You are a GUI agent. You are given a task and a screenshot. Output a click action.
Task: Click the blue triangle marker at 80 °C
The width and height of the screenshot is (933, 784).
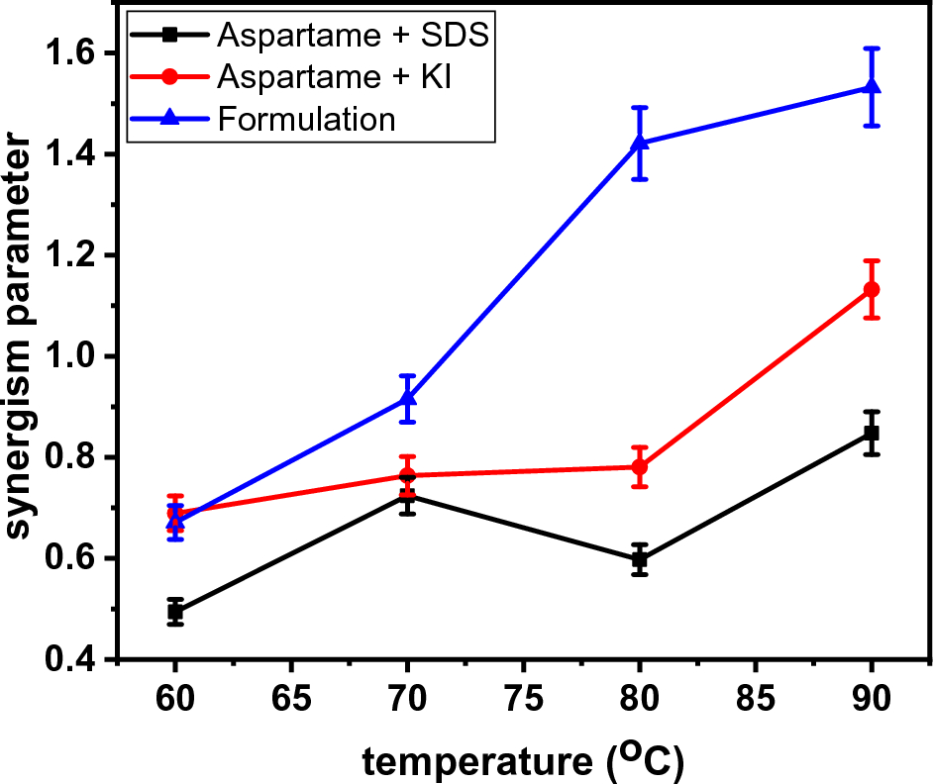(640, 142)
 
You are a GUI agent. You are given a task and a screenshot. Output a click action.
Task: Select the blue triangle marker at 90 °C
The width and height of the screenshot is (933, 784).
(872, 87)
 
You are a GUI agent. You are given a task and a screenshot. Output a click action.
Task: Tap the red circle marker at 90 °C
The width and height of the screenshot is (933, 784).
(872, 289)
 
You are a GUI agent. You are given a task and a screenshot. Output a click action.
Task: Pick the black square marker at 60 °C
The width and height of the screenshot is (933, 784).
(175, 611)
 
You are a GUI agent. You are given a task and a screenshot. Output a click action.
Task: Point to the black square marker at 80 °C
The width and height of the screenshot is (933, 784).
(640, 559)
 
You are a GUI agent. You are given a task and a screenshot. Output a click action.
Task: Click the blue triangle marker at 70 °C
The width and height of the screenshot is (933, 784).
(407, 398)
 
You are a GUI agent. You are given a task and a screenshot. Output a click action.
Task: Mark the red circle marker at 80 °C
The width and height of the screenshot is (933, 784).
(640, 466)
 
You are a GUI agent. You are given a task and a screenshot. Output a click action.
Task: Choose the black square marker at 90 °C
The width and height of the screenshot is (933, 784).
(872, 434)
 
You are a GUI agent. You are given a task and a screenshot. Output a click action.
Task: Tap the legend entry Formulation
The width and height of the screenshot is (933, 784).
(306, 119)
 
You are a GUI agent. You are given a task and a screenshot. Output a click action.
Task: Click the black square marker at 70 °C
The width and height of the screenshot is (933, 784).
(407, 495)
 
